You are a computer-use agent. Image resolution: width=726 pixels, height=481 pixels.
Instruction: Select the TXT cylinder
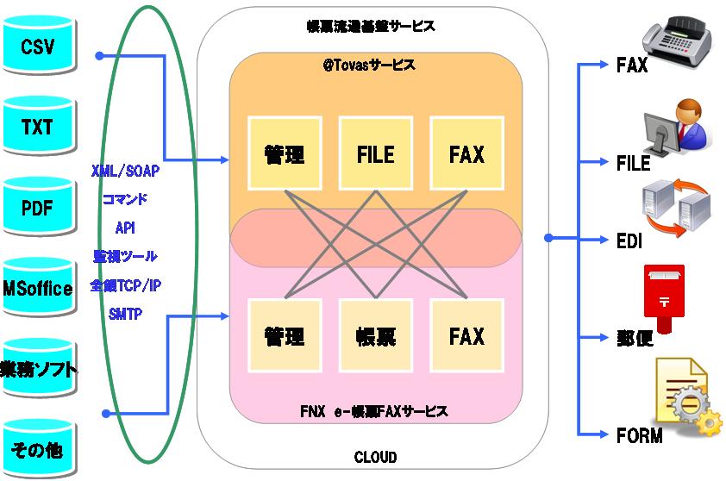(x=37, y=128)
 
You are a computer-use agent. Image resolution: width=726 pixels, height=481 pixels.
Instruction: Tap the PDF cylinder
(x=37, y=208)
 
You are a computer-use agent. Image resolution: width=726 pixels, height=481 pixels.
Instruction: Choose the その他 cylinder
(x=37, y=450)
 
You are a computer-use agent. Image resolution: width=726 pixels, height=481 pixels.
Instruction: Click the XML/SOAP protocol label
(x=125, y=171)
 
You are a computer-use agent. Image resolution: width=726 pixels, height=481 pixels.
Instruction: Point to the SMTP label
(x=125, y=315)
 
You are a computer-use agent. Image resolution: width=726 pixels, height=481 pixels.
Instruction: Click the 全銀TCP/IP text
(x=125, y=285)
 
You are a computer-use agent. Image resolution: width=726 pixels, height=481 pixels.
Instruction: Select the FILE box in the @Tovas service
(x=375, y=154)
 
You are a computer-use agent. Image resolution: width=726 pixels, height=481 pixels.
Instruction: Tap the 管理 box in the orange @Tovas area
(x=284, y=154)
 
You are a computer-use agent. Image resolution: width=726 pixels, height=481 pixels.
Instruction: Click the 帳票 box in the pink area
(x=375, y=335)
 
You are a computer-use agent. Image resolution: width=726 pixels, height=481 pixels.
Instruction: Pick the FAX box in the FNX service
(x=466, y=335)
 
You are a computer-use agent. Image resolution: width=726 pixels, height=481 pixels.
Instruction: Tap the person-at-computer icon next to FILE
(x=677, y=129)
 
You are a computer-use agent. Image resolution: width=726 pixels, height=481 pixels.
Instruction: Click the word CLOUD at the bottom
(x=376, y=457)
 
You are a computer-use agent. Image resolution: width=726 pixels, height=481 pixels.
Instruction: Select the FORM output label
(x=639, y=435)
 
